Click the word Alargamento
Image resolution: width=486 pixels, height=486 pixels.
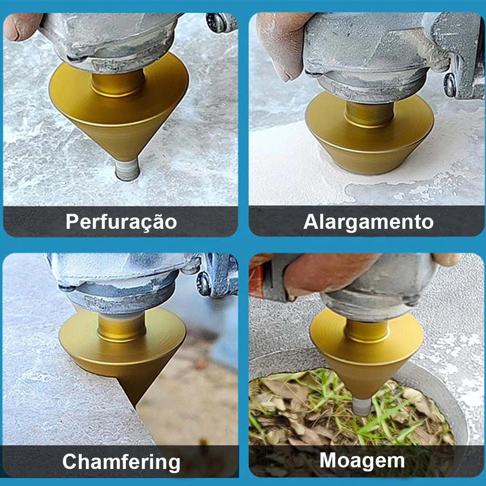[x=368, y=222]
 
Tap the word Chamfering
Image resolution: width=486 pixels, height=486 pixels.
[x=121, y=462]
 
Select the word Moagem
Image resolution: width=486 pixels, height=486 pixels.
[x=362, y=461]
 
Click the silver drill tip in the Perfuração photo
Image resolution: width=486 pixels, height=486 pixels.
[x=127, y=169]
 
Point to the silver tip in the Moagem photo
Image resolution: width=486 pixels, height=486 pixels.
[x=362, y=406]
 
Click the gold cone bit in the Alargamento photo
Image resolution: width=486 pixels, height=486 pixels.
[x=369, y=133]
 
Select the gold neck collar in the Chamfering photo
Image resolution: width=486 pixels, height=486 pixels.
[x=121, y=327]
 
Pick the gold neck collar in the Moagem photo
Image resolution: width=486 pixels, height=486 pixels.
[x=366, y=331]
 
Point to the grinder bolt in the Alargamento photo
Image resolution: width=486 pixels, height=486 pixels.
[x=450, y=84]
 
